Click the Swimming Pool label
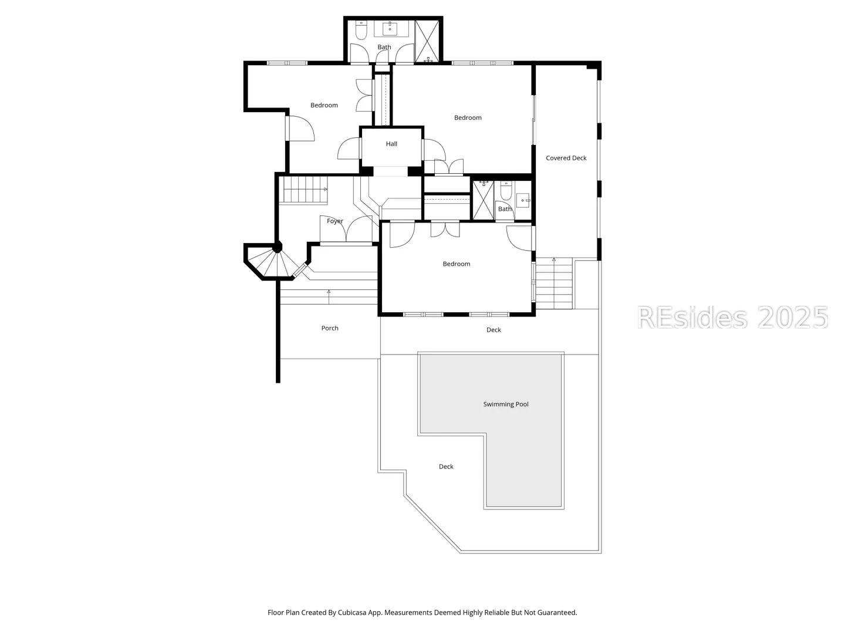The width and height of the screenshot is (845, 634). [x=505, y=404]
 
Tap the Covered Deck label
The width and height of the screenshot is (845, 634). [x=566, y=158]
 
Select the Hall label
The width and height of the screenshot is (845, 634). [x=391, y=144]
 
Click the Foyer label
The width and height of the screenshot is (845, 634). [x=335, y=221]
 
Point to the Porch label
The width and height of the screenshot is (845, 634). [x=330, y=328]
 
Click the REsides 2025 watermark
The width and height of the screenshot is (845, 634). [x=732, y=318]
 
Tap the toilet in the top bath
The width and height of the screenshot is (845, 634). [x=361, y=31]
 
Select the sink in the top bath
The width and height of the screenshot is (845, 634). [x=390, y=28]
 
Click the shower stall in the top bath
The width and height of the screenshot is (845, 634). [x=427, y=41]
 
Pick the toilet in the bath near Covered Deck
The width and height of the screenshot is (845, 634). [x=506, y=191]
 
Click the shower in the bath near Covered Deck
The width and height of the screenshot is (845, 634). [x=484, y=200]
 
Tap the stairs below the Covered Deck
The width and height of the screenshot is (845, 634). [x=554, y=284]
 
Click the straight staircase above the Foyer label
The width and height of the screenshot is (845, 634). [x=303, y=190]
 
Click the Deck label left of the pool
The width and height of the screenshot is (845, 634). [x=446, y=467]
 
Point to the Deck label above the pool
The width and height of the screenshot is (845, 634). [x=494, y=330]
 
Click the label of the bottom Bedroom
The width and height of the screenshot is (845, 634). [x=457, y=264]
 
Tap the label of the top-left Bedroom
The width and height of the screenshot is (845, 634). [x=324, y=105]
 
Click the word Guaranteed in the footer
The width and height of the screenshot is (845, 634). [x=557, y=612]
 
